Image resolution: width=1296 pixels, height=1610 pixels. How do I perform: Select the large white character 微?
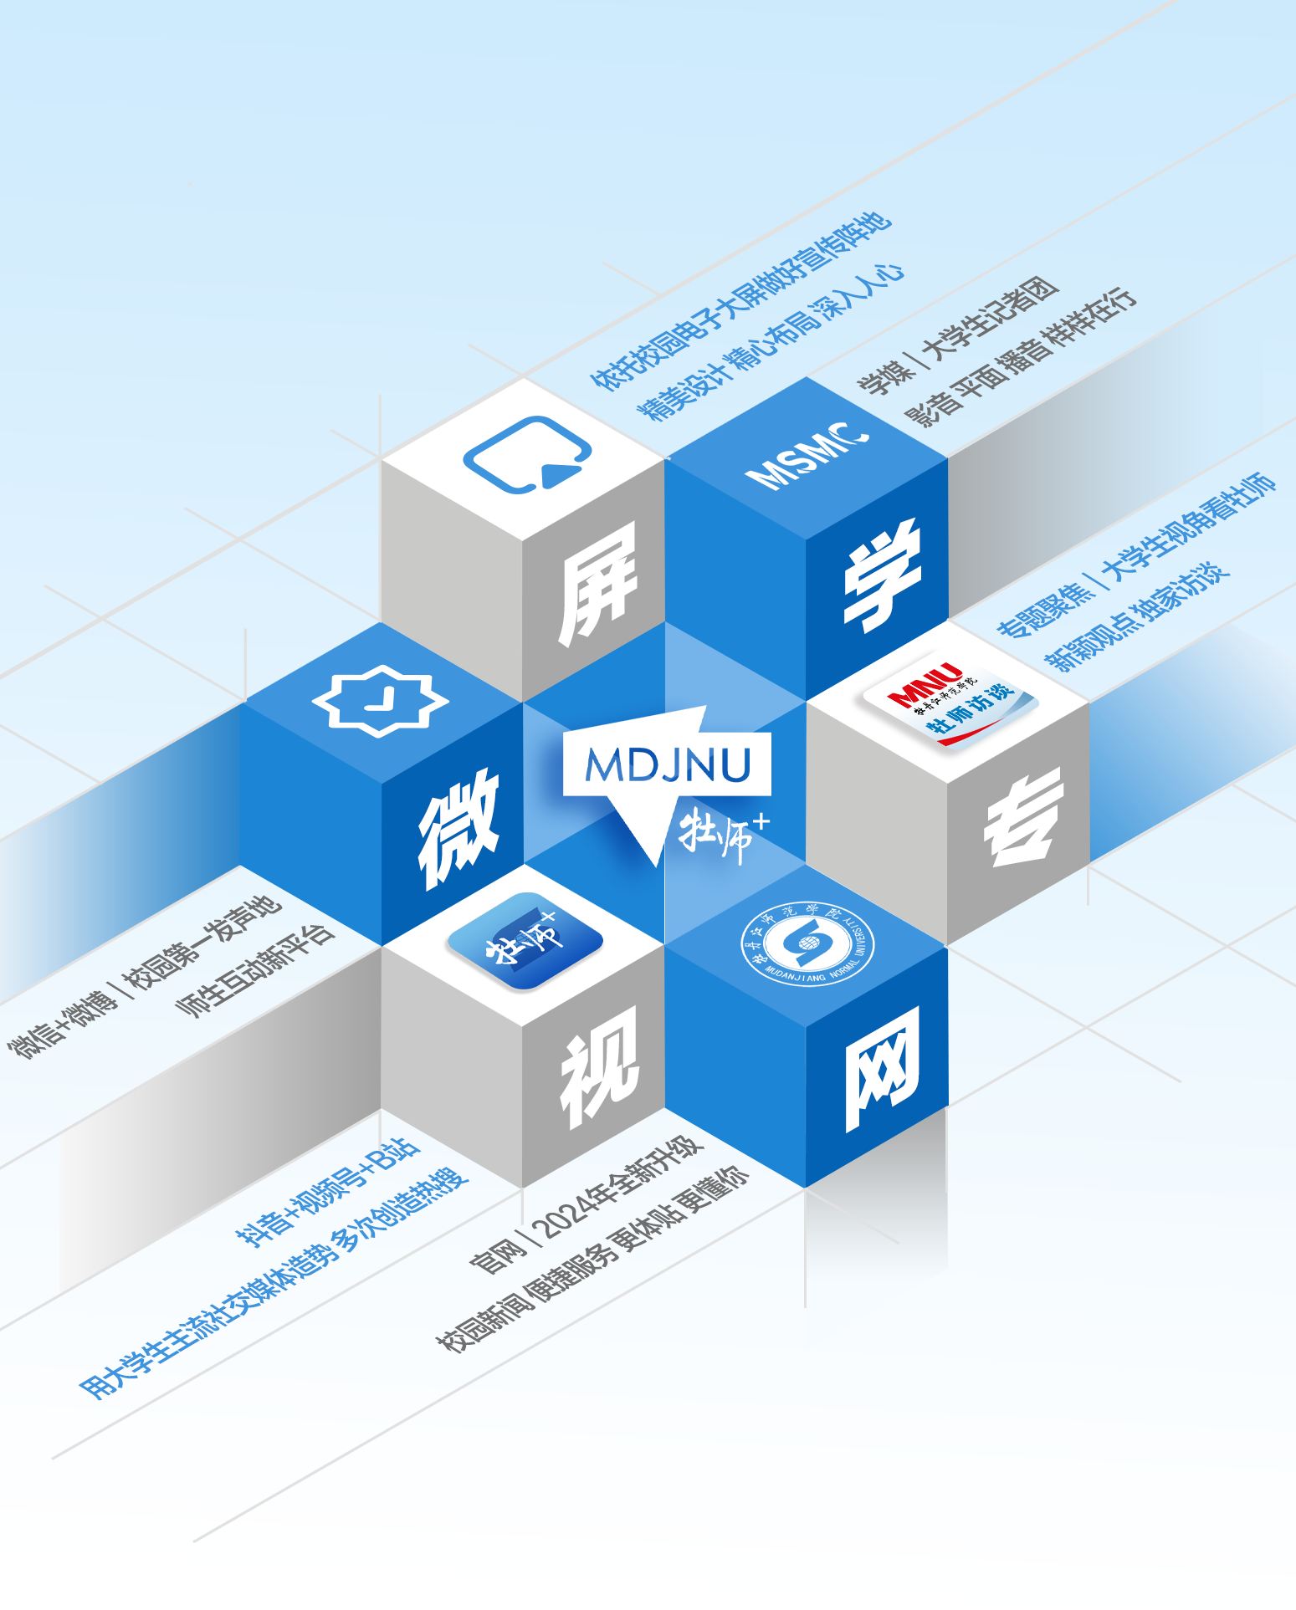coord(458,828)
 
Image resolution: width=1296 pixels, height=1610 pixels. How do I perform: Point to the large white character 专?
coord(1023,820)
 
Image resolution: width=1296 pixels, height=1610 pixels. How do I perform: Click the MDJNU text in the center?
coord(667,764)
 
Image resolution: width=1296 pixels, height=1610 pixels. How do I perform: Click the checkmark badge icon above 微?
coord(381,700)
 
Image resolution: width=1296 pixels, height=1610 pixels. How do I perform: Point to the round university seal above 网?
coord(807,943)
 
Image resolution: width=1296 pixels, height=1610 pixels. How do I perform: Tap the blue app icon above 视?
coord(525,941)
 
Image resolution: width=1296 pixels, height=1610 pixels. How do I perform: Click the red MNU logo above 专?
coord(925,684)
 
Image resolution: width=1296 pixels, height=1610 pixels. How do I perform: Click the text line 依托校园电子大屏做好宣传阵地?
coord(741,301)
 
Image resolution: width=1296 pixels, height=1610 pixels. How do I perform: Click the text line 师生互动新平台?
coord(255,969)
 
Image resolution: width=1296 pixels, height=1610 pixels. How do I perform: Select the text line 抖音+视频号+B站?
coord(327,1191)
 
